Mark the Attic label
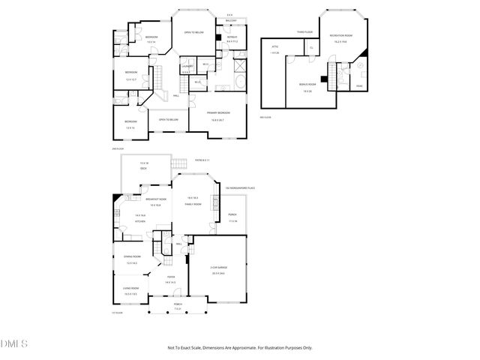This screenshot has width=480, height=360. coord(274,46)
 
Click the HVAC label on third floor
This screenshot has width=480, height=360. coord(359,86)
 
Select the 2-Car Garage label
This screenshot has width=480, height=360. coord(217,268)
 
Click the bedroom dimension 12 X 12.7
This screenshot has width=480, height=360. coord(130,79)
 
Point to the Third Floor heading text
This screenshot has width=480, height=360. coord(304,32)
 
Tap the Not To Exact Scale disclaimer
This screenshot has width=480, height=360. coord(239,347)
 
